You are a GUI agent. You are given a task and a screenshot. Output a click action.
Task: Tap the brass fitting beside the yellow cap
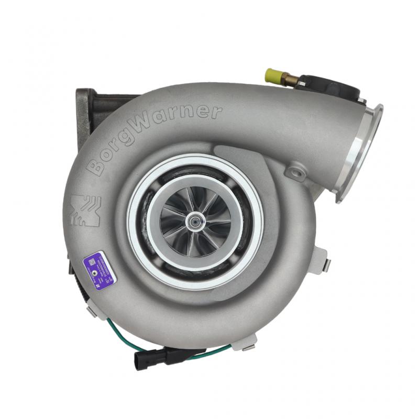click(x=289, y=79)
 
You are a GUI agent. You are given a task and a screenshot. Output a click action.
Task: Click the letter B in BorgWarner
click(x=96, y=167)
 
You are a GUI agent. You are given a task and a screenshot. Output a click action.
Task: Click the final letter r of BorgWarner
click(x=215, y=112)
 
